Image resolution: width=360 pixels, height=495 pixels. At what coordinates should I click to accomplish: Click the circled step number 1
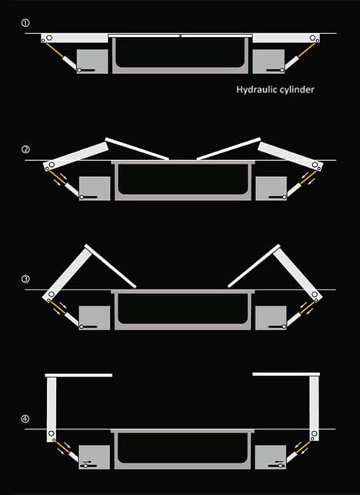pyautogui.click(x=25, y=23)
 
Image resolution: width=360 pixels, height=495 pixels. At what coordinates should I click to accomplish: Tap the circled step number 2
pyautogui.click(x=25, y=149)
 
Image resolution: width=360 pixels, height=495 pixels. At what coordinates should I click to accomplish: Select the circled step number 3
pyautogui.click(x=25, y=279)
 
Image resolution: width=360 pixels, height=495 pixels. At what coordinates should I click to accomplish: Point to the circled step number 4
pyautogui.click(x=25, y=419)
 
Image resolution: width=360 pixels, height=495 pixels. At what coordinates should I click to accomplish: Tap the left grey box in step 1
pyautogui.click(x=92, y=62)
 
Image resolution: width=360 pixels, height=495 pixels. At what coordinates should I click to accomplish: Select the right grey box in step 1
pyautogui.click(x=268, y=62)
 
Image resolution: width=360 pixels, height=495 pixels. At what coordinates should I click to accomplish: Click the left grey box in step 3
pyautogui.click(x=95, y=318)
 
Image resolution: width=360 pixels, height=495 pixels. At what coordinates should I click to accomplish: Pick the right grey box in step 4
pyautogui.click(x=271, y=457)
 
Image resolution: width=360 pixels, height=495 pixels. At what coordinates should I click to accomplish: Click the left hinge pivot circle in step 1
pyautogui.click(x=49, y=38)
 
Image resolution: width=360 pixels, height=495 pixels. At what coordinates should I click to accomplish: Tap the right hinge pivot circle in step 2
pyautogui.click(x=315, y=165)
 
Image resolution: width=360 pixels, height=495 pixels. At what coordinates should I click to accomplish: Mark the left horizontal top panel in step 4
pyautogui.click(x=78, y=376)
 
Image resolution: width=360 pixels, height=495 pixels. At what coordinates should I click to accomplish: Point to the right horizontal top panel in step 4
pyautogui.click(x=286, y=374)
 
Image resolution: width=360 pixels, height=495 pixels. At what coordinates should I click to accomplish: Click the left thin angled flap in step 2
pyautogui.click(x=137, y=149)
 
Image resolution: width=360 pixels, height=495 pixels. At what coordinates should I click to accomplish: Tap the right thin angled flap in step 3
pyautogui.click(x=254, y=266)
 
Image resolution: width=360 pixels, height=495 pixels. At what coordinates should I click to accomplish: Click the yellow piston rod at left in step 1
pyautogui.click(x=55, y=50)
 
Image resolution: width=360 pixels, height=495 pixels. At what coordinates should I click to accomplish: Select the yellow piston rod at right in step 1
pyautogui.click(x=307, y=50)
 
